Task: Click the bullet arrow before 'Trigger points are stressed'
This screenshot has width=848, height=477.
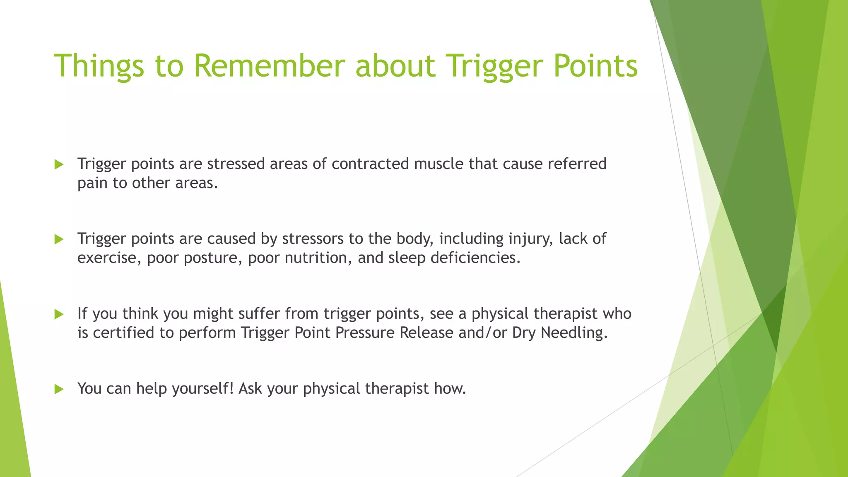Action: click(x=59, y=164)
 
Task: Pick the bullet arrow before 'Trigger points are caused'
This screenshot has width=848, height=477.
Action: click(x=59, y=239)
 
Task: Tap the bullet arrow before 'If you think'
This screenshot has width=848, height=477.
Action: click(x=59, y=314)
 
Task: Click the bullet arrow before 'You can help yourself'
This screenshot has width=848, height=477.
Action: click(x=59, y=389)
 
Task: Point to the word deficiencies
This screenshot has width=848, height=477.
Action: click(x=475, y=258)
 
